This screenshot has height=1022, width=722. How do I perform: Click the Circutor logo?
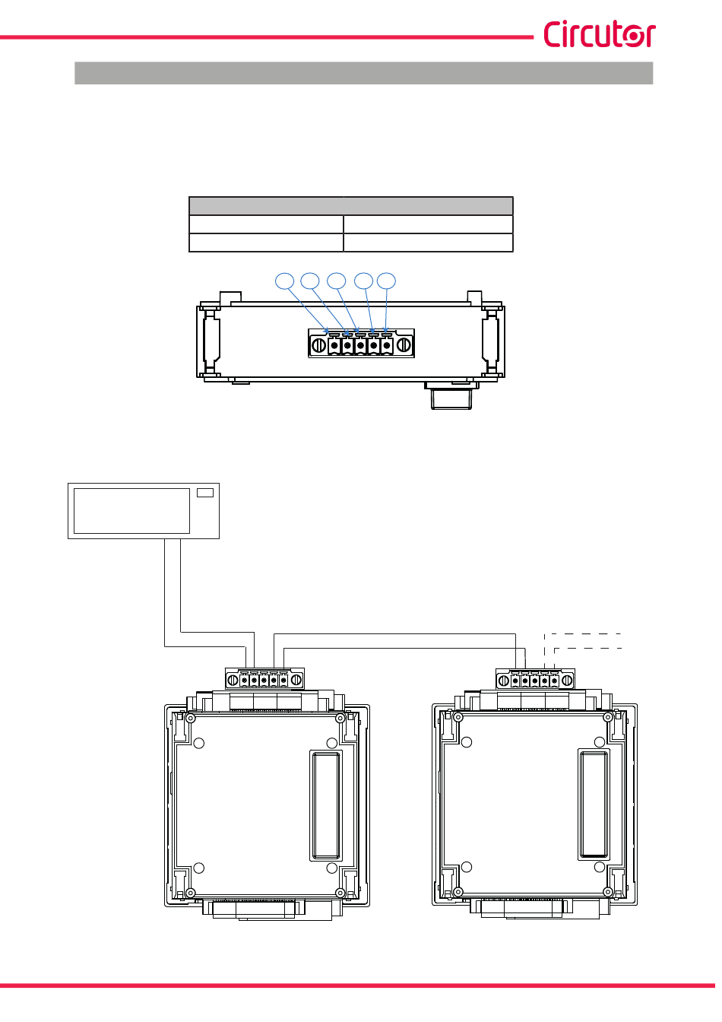click(600, 33)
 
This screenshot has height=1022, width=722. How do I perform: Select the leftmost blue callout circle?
click(284, 281)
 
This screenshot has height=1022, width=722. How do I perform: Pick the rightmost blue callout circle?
click(386, 281)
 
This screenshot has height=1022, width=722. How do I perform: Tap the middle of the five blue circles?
click(337, 281)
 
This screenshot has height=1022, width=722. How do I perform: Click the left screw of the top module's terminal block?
click(318, 345)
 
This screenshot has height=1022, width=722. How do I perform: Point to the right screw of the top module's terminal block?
click(404, 345)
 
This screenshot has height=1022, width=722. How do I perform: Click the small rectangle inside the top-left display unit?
click(205, 493)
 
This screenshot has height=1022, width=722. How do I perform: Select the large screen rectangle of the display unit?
click(131, 511)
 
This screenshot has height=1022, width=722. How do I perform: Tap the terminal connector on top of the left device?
click(264, 679)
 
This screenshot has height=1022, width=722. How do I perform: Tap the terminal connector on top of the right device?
click(536, 680)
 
